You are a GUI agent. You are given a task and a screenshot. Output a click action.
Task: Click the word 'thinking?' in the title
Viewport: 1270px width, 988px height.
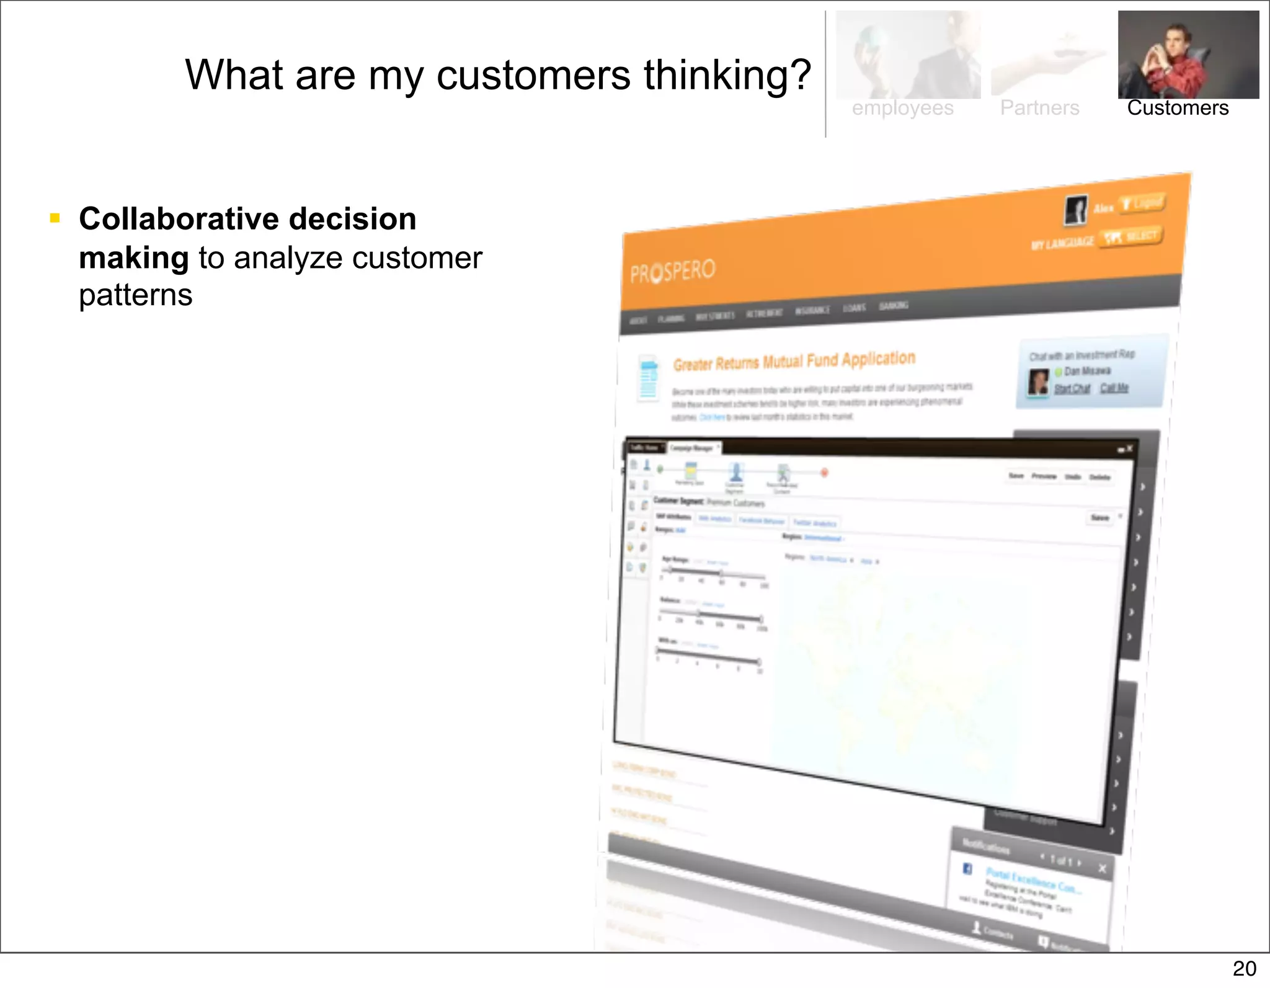[x=727, y=76]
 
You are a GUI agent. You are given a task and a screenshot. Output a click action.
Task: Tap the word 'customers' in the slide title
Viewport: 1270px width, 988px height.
[x=533, y=76]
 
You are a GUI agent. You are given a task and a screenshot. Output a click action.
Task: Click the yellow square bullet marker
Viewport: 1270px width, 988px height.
[x=55, y=218]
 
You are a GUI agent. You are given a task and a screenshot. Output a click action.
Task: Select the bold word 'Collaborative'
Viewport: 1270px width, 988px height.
[x=180, y=219]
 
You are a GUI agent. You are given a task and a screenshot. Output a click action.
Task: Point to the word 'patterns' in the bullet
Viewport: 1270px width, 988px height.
[x=136, y=295]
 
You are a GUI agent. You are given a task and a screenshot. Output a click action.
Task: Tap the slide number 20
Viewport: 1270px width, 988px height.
[x=1244, y=969]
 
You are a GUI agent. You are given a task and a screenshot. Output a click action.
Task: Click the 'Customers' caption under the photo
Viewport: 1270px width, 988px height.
[x=1178, y=108]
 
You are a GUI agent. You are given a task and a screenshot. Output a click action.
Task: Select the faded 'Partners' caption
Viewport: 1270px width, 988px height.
[x=1039, y=108]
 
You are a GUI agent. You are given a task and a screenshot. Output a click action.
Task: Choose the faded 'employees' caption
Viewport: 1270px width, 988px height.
[x=902, y=108]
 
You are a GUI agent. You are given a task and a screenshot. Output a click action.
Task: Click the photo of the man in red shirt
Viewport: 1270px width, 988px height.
[x=1188, y=55]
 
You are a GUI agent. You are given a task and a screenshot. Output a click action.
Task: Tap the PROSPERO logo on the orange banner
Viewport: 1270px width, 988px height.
[x=673, y=271]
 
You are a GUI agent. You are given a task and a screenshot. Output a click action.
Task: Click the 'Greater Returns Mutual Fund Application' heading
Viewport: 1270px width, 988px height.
[x=794, y=361]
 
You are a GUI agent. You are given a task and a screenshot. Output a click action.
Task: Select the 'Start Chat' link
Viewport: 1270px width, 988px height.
[x=1072, y=388]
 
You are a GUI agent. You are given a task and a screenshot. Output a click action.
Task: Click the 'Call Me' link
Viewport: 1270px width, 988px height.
[x=1114, y=388]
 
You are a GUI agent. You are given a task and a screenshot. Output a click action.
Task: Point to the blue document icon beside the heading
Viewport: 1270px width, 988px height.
[x=649, y=378]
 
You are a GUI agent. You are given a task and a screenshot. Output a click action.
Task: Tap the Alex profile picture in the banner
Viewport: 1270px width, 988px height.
[x=1076, y=210]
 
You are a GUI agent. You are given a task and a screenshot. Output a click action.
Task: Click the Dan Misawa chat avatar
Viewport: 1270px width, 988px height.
[x=1038, y=381]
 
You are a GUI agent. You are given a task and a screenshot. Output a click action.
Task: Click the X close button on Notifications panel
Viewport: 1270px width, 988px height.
[x=1102, y=868]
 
